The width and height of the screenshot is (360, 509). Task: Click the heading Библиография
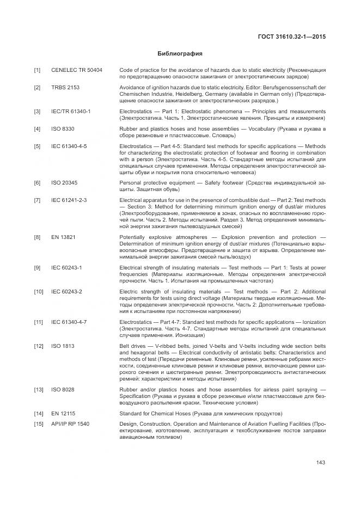click(x=180, y=54)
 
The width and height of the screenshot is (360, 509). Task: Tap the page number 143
click(x=320, y=463)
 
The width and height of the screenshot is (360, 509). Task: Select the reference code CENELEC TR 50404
click(x=77, y=71)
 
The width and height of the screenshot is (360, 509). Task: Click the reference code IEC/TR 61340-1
click(x=71, y=112)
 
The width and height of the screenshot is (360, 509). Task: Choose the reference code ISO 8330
click(x=63, y=128)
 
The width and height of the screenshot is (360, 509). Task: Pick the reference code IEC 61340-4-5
click(x=69, y=146)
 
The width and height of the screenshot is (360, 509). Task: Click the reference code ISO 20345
click(x=65, y=182)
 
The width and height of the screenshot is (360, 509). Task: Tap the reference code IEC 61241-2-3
click(x=69, y=200)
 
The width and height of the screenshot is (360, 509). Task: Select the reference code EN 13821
click(x=63, y=237)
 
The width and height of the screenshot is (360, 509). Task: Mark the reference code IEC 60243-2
click(x=67, y=292)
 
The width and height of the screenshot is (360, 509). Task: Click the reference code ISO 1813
click(x=63, y=346)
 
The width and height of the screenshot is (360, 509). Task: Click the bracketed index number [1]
click(x=37, y=71)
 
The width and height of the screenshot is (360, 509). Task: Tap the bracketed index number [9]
click(x=37, y=268)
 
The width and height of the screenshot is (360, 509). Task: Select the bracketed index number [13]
click(x=38, y=389)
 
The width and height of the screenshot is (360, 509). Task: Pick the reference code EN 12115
click(x=63, y=414)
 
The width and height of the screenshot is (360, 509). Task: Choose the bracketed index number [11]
click(x=38, y=322)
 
